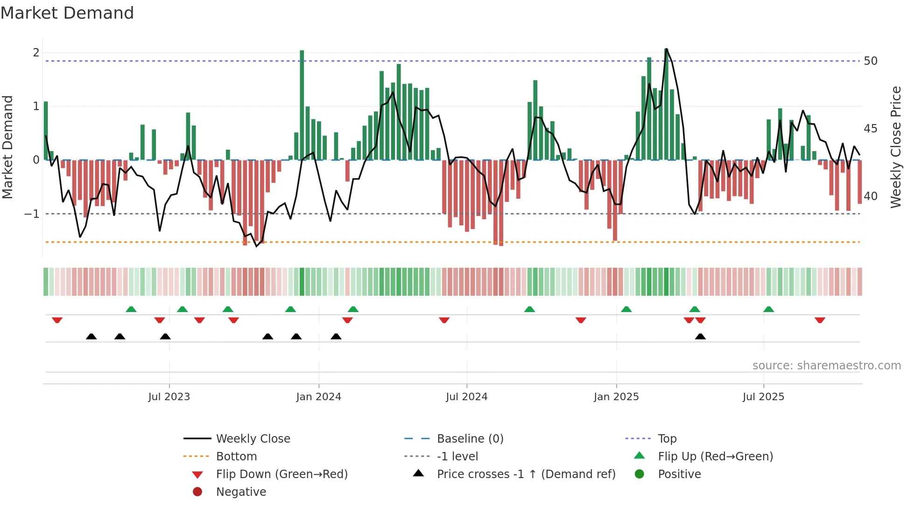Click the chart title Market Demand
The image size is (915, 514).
(67, 13)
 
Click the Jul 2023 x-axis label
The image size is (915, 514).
(169, 397)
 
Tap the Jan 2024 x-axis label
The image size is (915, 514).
(319, 397)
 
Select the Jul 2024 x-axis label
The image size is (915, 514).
(466, 397)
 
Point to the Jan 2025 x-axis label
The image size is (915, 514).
(616, 397)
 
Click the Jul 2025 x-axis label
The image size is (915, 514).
(763, 397)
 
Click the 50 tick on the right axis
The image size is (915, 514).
(871, 61)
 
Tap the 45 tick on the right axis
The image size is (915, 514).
(871, 129)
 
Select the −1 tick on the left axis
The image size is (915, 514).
(32, 214)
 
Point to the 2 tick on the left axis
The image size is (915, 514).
(36, 53)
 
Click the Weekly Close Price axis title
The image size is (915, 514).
(895, 147)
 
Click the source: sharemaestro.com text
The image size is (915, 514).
(826, 366)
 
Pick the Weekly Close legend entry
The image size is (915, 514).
(253, 439)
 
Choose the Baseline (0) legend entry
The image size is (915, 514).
(470, 439)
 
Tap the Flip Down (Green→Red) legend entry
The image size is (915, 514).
(282, 474)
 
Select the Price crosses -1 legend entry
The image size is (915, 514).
(526, 474)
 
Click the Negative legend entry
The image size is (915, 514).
(241, 492)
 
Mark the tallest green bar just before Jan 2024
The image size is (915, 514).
(302, 105)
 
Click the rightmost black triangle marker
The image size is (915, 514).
(700, 337)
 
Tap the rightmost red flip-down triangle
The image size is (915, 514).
(820, 320)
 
